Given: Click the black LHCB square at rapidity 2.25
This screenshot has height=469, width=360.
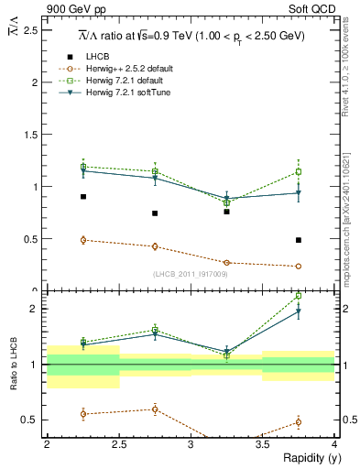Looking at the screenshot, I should point(82,197).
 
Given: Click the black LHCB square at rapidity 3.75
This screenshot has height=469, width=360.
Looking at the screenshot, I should point(299,240).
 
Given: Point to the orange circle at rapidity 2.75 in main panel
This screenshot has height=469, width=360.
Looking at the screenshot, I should point(155,246).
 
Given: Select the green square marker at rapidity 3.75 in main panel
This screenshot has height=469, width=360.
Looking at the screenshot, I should point(299,171).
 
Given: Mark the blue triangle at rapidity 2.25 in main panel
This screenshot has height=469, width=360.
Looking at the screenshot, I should point(82,170).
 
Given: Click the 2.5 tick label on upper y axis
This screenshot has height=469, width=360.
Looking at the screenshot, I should point(29,30).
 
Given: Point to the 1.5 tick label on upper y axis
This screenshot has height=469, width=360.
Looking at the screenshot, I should point(29,135).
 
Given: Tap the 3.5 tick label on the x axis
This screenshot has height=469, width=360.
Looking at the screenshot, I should point(263,444).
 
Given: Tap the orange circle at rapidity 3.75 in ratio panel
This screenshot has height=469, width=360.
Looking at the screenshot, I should point(299,422).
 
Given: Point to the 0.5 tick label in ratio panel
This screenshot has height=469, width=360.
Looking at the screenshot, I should point(29,420).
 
